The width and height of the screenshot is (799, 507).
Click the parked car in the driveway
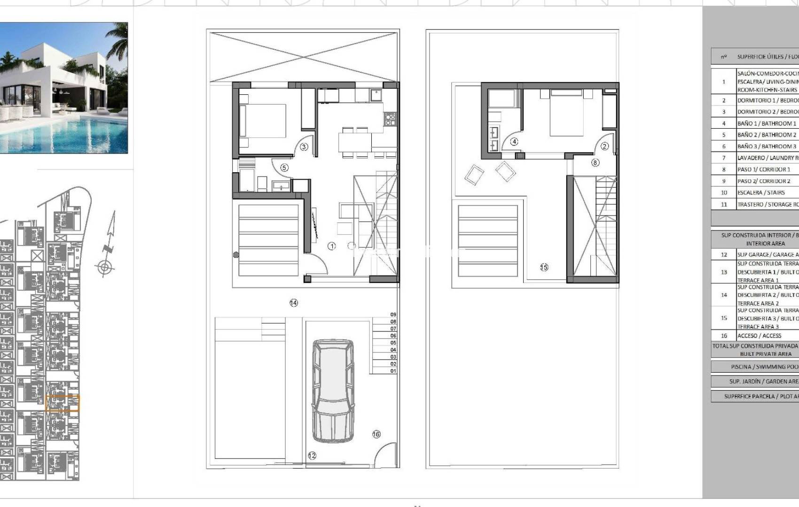[333, 391]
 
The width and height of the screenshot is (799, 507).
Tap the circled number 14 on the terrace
[293, 303]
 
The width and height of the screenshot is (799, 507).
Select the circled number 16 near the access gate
[376, 434]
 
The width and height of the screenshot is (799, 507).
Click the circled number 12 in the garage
[312, 455]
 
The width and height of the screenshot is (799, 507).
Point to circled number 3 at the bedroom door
[304, 147]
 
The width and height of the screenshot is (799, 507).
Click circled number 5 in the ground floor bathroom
[284, 168]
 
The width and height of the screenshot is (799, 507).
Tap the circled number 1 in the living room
[332, 246]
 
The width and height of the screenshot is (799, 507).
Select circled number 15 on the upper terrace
[544, 267]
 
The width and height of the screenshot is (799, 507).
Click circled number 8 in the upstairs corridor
[595, 162]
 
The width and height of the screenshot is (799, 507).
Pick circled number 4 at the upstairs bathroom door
[514, 141]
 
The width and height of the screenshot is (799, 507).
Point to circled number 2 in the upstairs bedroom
[604, 146]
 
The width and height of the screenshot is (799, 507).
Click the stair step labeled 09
[393, 315]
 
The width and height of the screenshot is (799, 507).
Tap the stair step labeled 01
[393, 371]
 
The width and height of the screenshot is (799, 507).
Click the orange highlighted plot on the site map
[63, 403]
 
